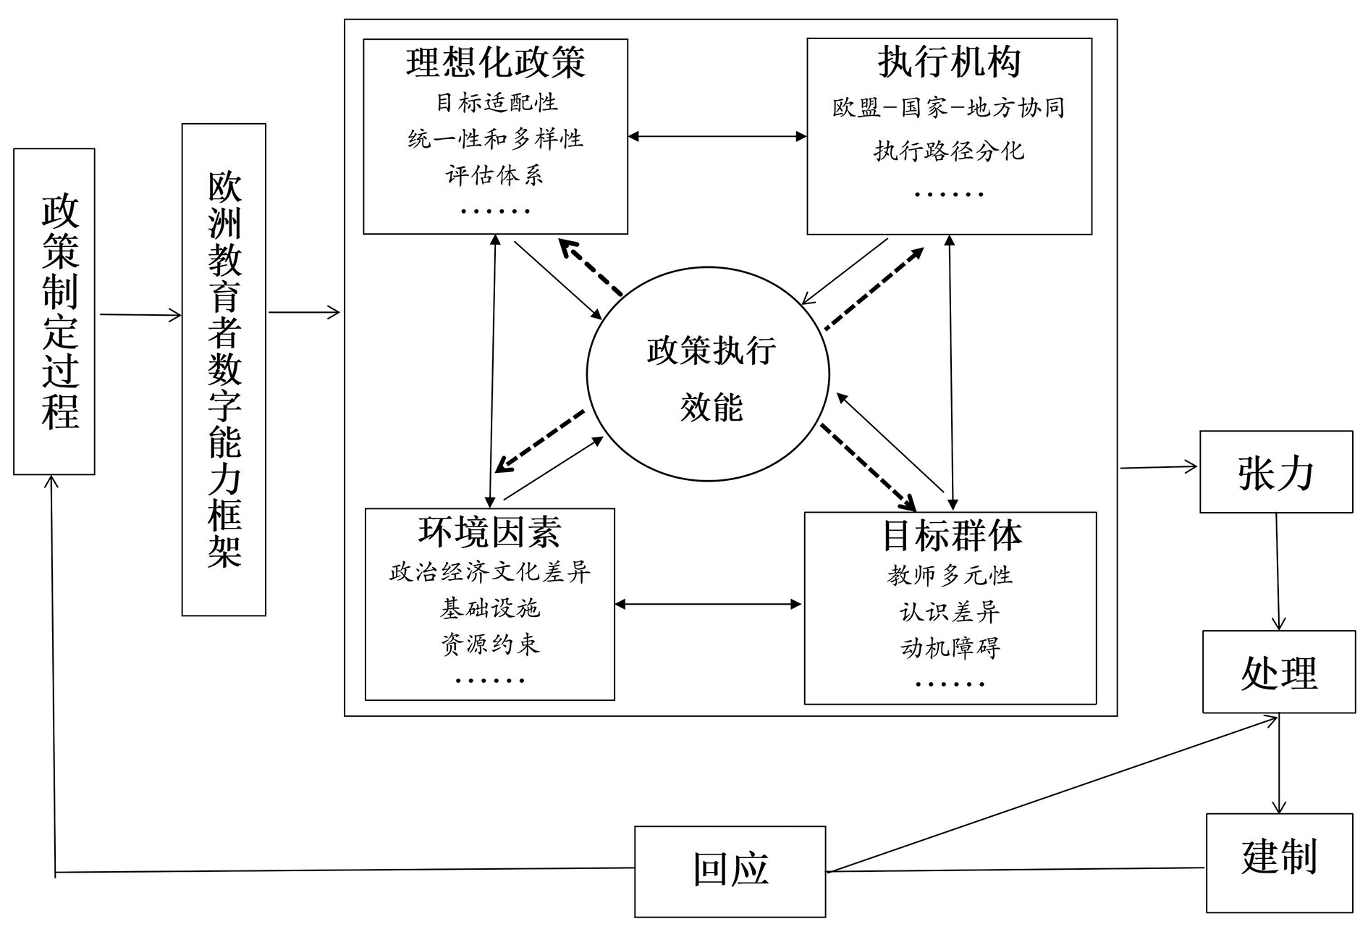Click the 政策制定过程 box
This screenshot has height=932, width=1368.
[x=54, y=311]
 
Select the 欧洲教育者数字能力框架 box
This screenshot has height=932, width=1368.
[x=224, y=369]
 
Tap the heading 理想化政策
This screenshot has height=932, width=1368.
[x=495, y=62]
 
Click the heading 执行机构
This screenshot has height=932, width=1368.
[x=949, y=62]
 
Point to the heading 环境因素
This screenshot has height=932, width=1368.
[x=489, y=532]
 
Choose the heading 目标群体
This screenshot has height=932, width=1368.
[x=951, y=537]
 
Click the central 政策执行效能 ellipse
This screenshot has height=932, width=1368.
[x=708, y=374]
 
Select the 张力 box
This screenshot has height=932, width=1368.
[x=1275, y=472]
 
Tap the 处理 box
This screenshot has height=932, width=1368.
[x=1278, y=672]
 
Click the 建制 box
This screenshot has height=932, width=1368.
[x=1279, y=862]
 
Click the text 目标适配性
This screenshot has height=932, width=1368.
[x=497, y=102]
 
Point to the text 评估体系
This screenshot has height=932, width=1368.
[x=494, y=175]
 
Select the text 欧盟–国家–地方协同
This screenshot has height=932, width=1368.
[x=948, y=108]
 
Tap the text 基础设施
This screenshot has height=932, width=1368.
[x=490, y=608]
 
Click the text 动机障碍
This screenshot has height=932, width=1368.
[x=950, y=647]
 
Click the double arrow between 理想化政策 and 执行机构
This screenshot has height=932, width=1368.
[x=717, y=136]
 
